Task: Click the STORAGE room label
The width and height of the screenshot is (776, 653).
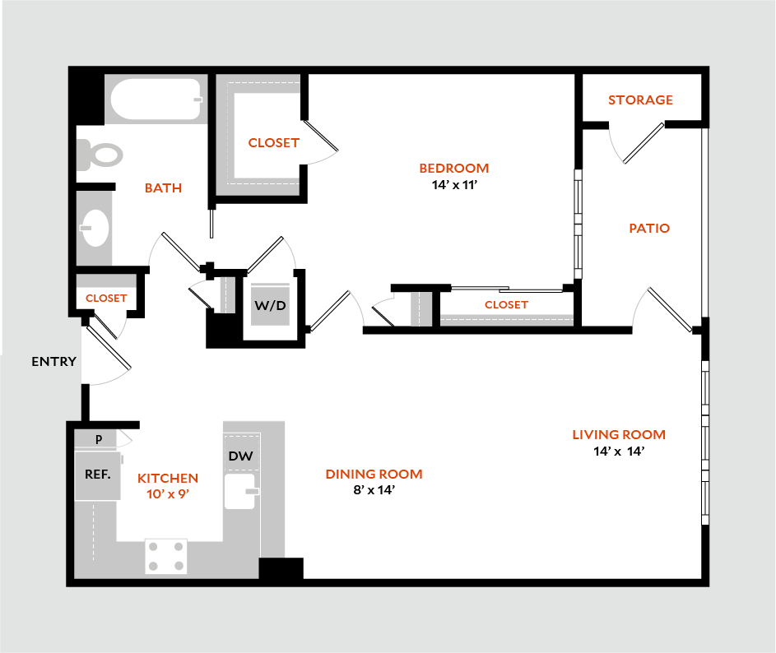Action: [640, 100]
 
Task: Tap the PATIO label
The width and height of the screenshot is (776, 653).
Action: [649, 229]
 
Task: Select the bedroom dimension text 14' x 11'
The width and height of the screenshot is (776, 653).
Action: [454, 185]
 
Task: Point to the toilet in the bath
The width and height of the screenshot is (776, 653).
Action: [100, 155]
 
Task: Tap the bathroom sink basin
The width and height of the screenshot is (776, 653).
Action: [95, 227]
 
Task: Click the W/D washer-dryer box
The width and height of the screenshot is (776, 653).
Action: [270, 306]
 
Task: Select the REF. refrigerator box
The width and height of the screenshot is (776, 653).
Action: [97, 475]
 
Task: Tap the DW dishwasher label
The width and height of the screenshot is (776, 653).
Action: [239, 456]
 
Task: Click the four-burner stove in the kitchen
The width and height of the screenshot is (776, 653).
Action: [165, 555]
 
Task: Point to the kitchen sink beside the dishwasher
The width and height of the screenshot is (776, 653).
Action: [241, 491]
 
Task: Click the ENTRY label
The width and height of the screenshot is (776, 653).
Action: [54, 361]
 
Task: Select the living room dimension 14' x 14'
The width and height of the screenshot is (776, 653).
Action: [618, 451]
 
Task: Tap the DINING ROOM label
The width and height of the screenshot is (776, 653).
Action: [374, 475]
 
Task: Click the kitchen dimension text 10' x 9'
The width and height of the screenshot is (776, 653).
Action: [168, 493]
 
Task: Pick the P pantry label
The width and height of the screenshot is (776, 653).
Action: [99, 439]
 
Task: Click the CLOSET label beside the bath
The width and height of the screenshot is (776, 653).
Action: [274, 143]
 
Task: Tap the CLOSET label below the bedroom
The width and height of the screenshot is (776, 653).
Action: [506, 304]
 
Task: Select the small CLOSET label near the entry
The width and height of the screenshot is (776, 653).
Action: [107, 298]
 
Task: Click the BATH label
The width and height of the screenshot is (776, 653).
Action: [163, 188]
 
